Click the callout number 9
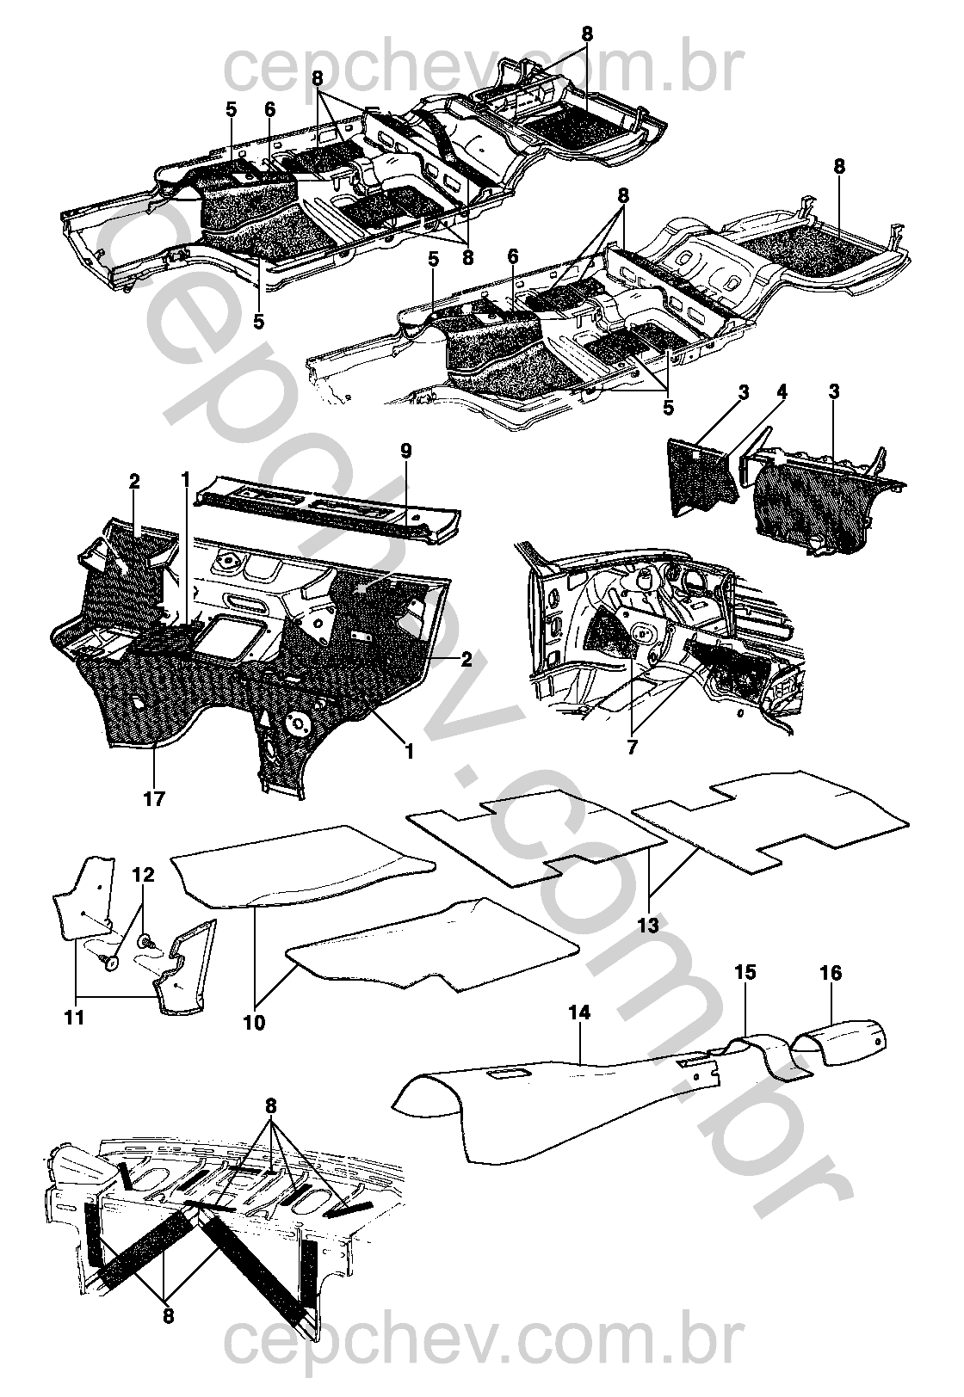point(406,451)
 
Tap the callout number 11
point(74,1018)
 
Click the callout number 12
point(143,875)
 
